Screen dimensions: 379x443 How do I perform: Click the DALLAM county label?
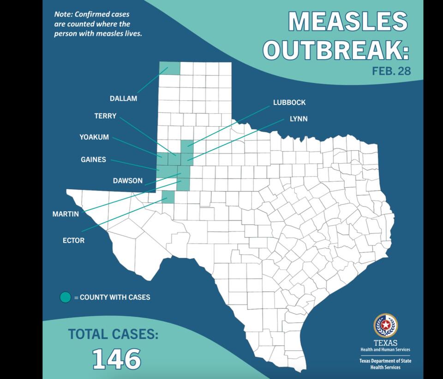coord(123,98)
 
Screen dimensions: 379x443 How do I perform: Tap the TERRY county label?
coord(105,116)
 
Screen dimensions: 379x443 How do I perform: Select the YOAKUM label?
coord(94,137)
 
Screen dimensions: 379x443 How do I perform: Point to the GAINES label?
coord(93,159)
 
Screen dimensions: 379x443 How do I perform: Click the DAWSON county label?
coord(127,181)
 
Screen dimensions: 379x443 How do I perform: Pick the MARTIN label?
coord(65,214)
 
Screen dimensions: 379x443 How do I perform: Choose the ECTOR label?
coord(73,240)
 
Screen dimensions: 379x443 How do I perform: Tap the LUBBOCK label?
coord(289,103)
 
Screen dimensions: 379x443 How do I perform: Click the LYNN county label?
coord(298,119)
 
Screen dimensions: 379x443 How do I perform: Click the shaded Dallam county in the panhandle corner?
coord(169,68)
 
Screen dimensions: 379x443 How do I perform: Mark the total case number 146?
coord(117,359)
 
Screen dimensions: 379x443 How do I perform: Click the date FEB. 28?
coord(391,72)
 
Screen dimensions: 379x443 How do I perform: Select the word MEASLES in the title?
coord(348,22)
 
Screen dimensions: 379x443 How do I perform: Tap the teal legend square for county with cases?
coord(66,297)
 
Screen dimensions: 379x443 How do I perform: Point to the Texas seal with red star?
coord(385,326)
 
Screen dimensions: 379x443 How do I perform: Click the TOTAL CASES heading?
coord(113,334)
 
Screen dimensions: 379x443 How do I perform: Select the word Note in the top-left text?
coord(63,14)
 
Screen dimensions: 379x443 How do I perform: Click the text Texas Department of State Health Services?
coord(385,364)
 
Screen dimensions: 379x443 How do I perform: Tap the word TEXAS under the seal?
coord(385,343)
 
